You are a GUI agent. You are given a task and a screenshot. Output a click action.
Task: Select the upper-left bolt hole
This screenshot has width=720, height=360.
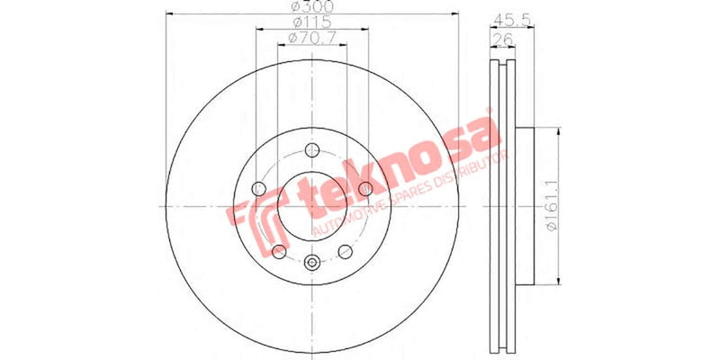(x=259, y=189)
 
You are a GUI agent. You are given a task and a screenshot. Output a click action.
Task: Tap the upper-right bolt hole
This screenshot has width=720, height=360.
(x=365, y=189)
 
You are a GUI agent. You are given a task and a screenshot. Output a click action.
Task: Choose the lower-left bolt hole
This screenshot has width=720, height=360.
(x=279, y=251)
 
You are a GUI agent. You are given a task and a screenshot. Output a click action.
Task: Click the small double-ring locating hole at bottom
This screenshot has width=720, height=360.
(x=312, y=263)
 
